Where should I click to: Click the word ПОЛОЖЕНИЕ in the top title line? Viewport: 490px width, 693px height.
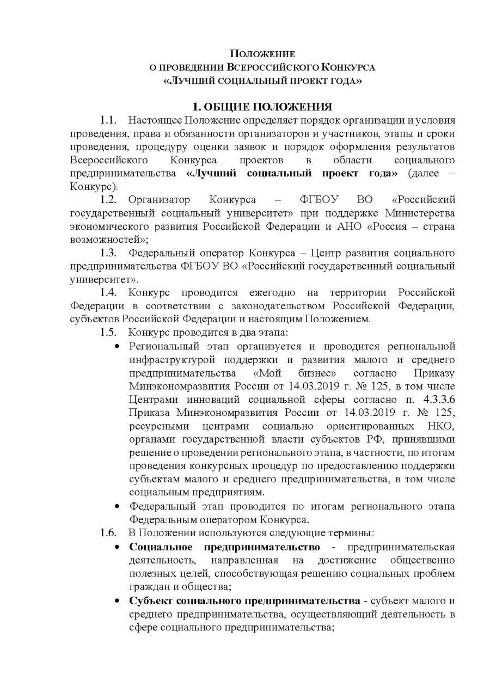point(262,54)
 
